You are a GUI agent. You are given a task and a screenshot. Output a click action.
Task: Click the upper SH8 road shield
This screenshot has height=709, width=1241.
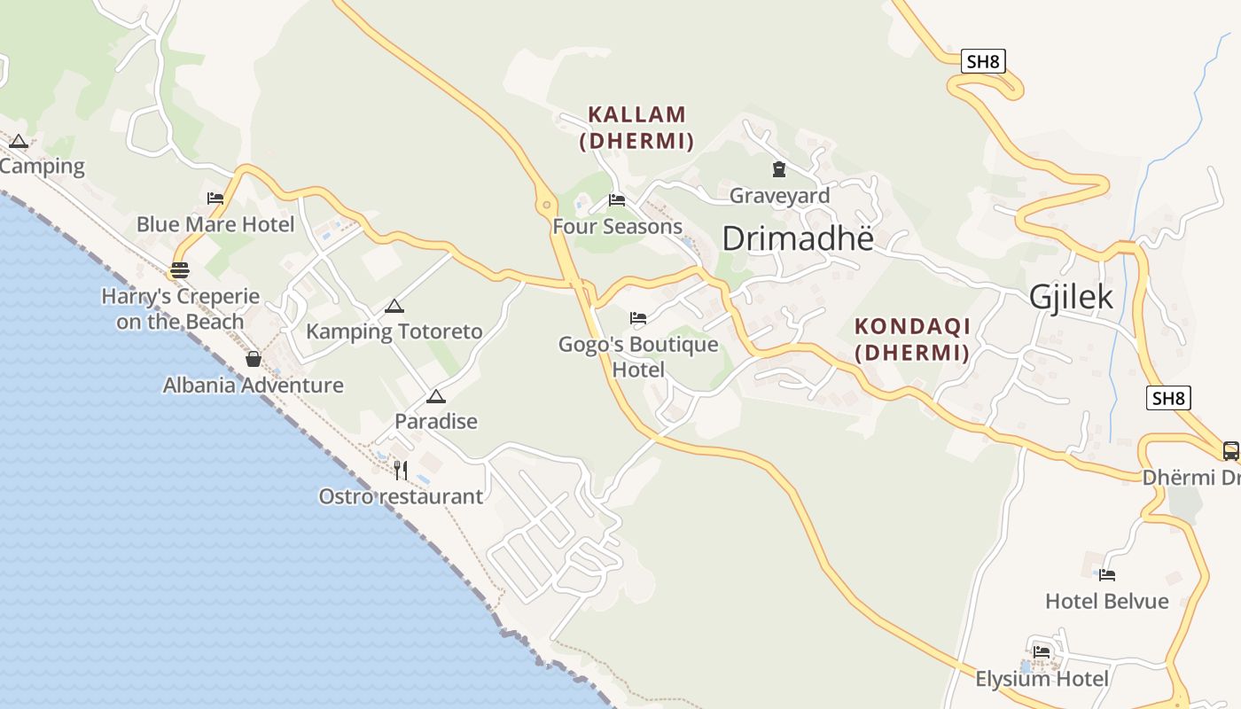[x=983, y=61]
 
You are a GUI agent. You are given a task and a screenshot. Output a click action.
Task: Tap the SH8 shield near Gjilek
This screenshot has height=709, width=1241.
[x=1167, y=398]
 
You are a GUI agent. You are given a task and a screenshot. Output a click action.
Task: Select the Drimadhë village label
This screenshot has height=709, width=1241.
[x=797, y=238]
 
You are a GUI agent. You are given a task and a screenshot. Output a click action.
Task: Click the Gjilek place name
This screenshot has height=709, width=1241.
[x=1071, y=297]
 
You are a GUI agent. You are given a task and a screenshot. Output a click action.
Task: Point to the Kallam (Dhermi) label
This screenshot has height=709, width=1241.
[x=636, y=128]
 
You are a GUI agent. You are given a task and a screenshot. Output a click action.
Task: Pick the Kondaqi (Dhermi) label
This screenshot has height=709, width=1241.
[x=912, y=339]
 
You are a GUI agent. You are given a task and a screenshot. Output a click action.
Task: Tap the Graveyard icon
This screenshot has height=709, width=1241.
[x=778, y=168]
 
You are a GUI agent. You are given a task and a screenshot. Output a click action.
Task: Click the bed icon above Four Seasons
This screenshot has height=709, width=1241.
[x=617, y=200]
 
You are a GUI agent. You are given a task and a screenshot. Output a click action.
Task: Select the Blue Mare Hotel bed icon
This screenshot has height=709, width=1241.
[x=215, y=199]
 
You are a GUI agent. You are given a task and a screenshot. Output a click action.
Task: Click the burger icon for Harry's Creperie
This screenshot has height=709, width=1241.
[x=180, y=270]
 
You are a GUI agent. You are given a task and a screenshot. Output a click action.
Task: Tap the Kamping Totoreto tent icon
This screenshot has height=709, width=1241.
[x=394, y=307]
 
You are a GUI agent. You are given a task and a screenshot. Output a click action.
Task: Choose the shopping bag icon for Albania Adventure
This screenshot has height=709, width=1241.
[x=254, y=359]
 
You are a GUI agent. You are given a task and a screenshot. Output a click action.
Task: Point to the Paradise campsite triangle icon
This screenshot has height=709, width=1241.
[x=435, y=396]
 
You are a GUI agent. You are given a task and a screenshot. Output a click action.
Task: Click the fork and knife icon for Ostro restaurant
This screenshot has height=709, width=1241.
[x=401, y=470]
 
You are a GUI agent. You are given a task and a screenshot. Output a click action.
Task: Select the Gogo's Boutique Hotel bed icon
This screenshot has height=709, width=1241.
[x=638, y=318]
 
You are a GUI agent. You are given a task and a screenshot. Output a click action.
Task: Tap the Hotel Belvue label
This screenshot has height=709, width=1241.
[x=1106, y=601]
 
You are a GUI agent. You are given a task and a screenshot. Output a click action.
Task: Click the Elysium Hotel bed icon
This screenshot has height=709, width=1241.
[x=1042, y=652]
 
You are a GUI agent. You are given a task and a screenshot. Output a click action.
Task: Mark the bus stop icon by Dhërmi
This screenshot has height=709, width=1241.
[x=1230, y=450]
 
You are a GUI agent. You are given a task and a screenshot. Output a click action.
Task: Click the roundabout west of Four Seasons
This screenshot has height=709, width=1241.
[x=546, y=206]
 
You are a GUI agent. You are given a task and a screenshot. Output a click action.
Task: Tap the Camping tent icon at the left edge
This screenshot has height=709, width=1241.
[x=19, y=141]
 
